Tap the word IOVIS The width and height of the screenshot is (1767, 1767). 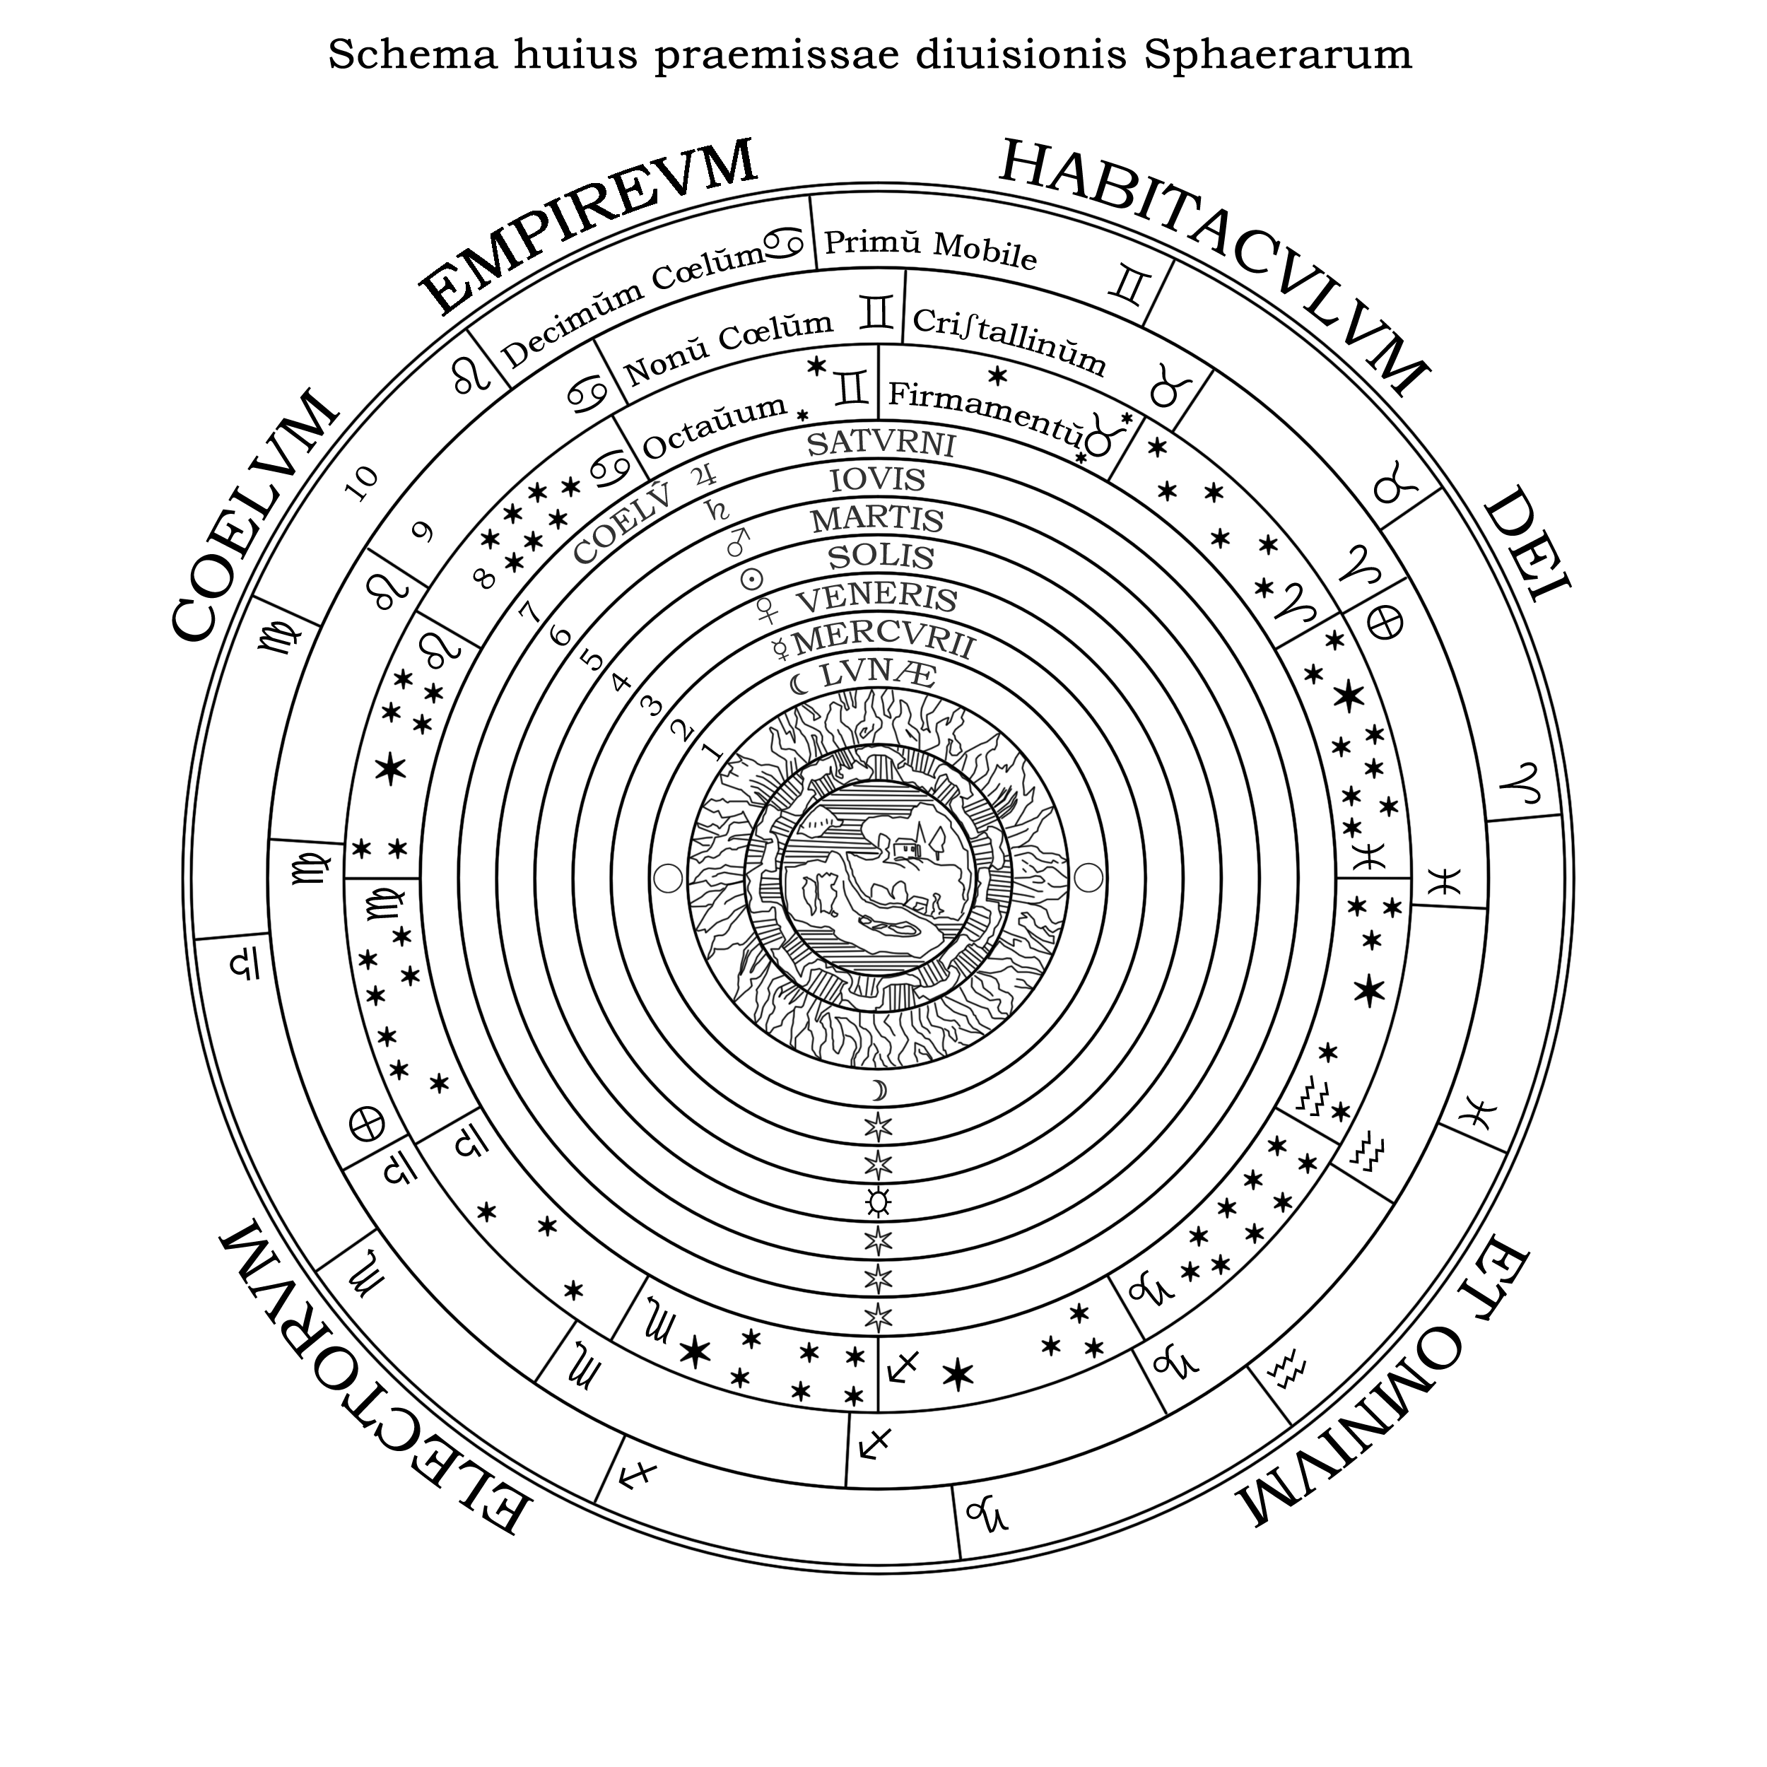tap(877, 480)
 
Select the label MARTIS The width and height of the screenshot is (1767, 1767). tap(877, 519)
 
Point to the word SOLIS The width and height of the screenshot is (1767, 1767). tap(881, 557)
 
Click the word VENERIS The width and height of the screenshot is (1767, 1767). tap(877, 600)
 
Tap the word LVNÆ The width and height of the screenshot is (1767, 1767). tap(878, 677)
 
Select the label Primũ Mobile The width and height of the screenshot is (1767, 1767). tap(930, 250)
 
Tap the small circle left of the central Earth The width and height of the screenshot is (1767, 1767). tap(669, 878)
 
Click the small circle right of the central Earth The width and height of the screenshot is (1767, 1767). tap(1088, 878)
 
